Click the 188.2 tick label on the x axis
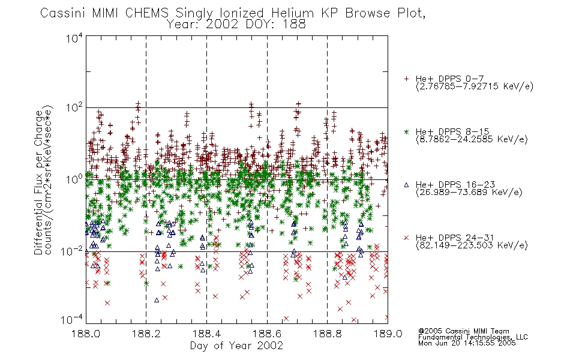tap(146, 334)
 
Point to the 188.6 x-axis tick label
tap(267, 334)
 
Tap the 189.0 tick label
tap(388, 334)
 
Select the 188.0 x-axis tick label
tap(86, 334)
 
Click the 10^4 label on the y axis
tap(74, 38)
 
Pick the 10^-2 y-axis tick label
tap(72, 251)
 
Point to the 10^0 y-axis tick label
tap(74, 179)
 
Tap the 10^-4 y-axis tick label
tap(72, 319)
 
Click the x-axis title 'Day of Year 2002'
tap(236, 346)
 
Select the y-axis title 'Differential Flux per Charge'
tap(38, 182)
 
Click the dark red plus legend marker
tap(406, 79)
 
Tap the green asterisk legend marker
tap(406, 131)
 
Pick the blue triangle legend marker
tap(406, 185)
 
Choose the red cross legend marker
tap(406, 238)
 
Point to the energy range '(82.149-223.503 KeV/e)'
tap(472, 245)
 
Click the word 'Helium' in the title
tap(292, 13)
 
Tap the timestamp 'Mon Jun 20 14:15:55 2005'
tap(467, 343)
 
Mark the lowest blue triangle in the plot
tap(157, 300)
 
